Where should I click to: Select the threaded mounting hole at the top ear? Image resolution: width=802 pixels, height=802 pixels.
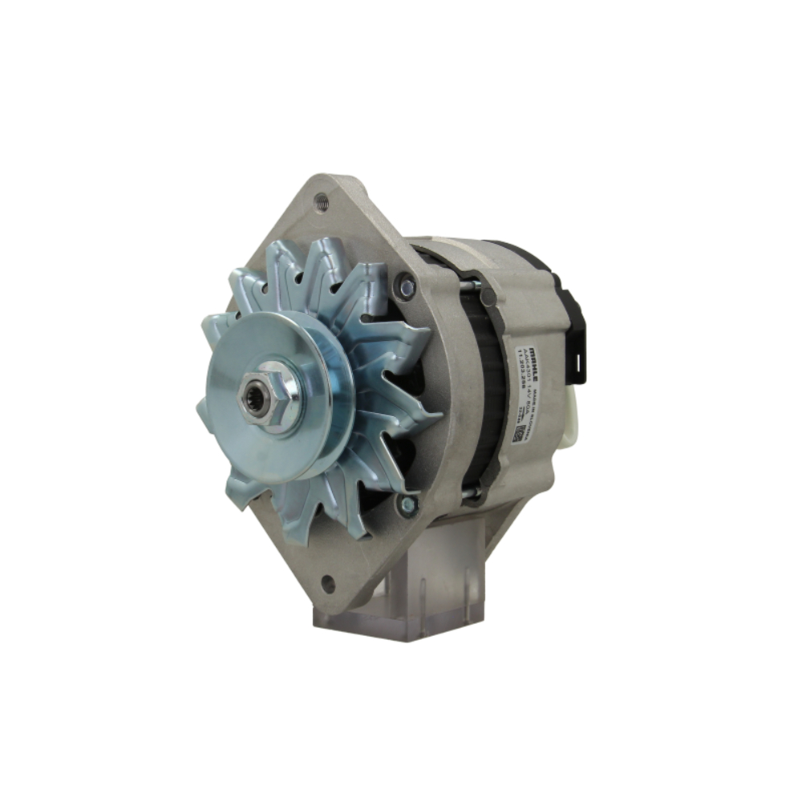[x=322, y=201]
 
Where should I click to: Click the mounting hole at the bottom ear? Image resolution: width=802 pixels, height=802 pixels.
[x=327, y=584]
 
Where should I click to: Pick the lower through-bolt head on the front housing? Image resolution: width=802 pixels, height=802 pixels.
[x=408, y=504]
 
